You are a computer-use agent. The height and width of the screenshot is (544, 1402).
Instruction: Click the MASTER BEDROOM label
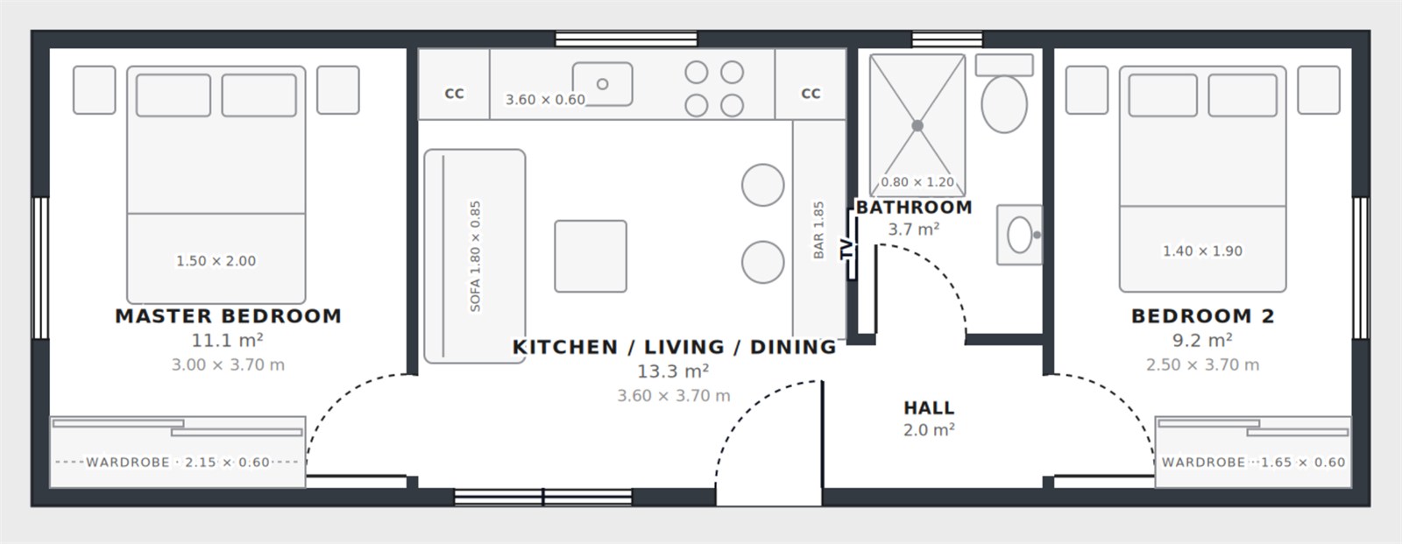[x=229, y=316]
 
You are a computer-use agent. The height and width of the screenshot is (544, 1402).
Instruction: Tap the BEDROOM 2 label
[x=1203, y=316]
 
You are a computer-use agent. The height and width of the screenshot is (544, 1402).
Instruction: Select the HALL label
[x=929, y=408]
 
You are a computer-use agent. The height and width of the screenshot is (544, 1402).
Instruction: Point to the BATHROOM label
[x=914, y=208]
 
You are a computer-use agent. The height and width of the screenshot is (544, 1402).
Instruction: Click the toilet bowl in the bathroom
[x=1004, y=104]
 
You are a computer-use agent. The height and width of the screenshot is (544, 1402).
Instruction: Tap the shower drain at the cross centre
[x=917, y=126]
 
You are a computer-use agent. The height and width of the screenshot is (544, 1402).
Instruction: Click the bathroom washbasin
[x=1020, y=235]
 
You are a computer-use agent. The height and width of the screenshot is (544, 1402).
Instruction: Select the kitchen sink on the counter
[x=602, y=84]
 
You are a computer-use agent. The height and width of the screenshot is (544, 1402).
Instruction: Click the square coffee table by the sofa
[x=591, y=256]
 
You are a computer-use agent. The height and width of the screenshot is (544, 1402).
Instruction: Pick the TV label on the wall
[x=846, y=249]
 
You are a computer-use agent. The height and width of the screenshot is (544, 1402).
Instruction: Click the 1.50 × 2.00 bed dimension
[x=216, y=261]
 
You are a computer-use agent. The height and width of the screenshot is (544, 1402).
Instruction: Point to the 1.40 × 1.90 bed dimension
[x=1202, y=251]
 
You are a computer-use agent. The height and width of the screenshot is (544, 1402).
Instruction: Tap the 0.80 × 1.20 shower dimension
[x=917, y=182]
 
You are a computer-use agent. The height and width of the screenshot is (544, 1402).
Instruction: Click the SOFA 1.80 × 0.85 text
[x=475, y=256]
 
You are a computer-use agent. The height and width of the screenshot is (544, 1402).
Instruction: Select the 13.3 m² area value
[x=673, y=371]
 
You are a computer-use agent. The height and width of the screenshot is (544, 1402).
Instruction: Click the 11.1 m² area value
[x=227, y=341]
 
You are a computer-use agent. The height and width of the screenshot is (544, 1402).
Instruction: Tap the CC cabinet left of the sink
[x=454, y=84]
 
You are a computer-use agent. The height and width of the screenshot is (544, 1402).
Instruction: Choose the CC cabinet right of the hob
[x=811, y=84]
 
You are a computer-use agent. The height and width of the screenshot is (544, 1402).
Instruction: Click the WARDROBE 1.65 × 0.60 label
[x=1253, y=463]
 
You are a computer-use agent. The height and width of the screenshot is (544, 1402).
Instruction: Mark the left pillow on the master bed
[x=173, y=95]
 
